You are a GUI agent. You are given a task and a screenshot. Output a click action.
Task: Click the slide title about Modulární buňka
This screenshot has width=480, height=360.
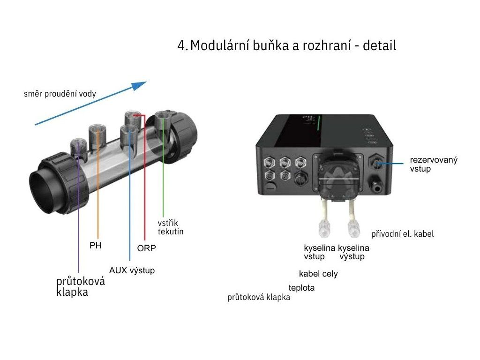coord(286,46)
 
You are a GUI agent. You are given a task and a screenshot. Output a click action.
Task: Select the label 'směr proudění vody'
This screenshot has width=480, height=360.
coord(60,94)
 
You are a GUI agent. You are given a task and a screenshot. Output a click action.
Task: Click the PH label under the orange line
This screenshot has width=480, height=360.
coord(95,246)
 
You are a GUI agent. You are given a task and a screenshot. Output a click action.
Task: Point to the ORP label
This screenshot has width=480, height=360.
coord(146,248)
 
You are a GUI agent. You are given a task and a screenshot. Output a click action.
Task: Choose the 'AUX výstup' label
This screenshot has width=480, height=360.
coord(132,270)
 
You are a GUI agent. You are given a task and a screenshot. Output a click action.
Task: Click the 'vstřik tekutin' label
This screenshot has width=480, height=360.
coord(170,227)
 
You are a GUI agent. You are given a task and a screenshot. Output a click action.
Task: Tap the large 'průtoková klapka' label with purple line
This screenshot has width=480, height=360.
coord(80,287)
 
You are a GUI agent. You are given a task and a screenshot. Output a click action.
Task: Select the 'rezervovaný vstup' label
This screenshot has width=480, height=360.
coord(434,164)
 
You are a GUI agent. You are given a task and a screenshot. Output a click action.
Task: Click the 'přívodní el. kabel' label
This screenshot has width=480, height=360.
coord(402,233)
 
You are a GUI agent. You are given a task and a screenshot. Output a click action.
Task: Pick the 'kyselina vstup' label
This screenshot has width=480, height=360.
coord(319,252)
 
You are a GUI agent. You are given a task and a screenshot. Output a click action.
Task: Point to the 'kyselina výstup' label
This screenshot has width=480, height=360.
coord(353,252)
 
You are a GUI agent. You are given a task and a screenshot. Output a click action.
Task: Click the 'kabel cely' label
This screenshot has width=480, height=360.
coord(318,274)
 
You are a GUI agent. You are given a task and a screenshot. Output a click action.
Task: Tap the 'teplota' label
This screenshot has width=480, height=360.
coord(301,288)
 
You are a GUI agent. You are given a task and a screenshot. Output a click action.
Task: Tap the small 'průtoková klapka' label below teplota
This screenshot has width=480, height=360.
coord(258,298)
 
